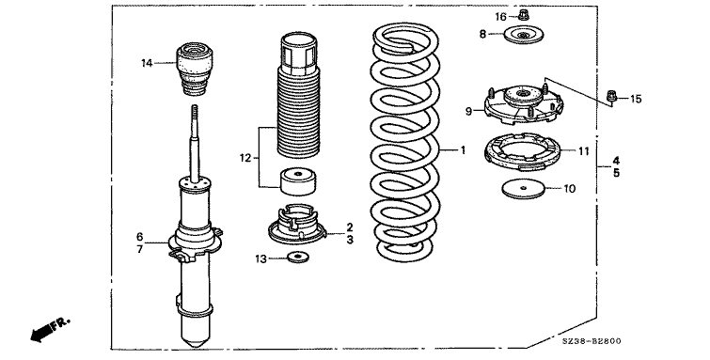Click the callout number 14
[x=147, y=63]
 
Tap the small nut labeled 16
[x=523, y=15]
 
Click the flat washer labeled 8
[x=524, y=36]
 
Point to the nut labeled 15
[x=611, y=97]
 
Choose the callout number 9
[x=468, y=111]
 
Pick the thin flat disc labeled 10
[x=523, y=188]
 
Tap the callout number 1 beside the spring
[x=463, y=149]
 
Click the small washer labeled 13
[x=297, y=258]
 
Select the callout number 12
[x=245, y=158]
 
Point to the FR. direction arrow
[x=50, y=329]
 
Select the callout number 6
[x=139, y=236]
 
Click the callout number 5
[x=616, y=173]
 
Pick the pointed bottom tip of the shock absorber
[x=196, y=345]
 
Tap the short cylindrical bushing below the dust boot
[x=297, y=181]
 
